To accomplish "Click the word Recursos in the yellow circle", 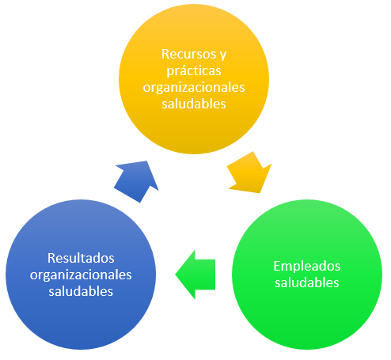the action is click(189, 54).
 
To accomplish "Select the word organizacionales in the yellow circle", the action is click(194, 88).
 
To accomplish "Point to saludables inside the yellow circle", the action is click(194, 104).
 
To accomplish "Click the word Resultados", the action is click(81, 258).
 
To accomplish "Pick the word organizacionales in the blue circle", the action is click(81, 275).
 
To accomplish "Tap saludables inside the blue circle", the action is click(81, 291).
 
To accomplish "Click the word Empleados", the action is click(307, 267).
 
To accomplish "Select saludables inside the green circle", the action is click(307, 282).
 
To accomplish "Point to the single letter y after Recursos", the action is click(223, 55).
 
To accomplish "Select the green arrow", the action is click(195, 275).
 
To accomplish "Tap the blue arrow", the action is click(135, 182).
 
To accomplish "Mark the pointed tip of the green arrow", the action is click(176, 275).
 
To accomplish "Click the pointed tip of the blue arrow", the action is click(146, 161).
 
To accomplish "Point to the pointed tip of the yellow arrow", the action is click(260, 193).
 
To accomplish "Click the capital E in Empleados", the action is click(277, 266).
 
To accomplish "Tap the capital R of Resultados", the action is click(51, 258).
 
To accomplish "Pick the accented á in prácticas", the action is click(183, 70).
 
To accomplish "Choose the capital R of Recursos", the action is click(165, 54).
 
